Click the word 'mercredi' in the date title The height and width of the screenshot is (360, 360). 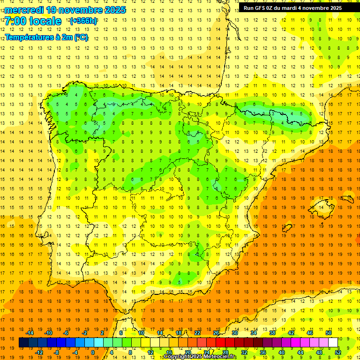pyautogui.click(x=24, y=9)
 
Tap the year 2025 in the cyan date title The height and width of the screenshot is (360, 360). pyautogui.click(x=115, y=9)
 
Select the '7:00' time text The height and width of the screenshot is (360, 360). pyautogui.click(x=16, y=21)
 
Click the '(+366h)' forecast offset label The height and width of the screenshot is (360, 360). pyautogui.click(x=83, y=21)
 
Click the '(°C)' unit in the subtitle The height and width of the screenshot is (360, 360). pyautogui.click(x=81, y=37)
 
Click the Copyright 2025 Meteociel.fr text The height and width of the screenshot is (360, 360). pyautogui.click(x=200, y=357)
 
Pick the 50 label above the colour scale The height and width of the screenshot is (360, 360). pyautogui.click(x=329, y=333)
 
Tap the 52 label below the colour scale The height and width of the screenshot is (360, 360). pyautogui.click(x=338, y=352)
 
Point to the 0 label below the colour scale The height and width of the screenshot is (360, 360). pyautogui.click(x=93, y=352)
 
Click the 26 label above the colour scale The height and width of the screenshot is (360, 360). pyautogui.click(x=216, y=333)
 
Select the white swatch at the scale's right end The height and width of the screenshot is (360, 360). pyautogui.click(x=333, y=343)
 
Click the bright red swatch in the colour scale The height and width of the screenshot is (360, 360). pyautogui.click(x=221, y=343)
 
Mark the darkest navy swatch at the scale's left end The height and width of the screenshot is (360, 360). pyautogui.click(x=24, y=343)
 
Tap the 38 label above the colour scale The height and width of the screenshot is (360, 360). pyautogui.click(x=272, y=333)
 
